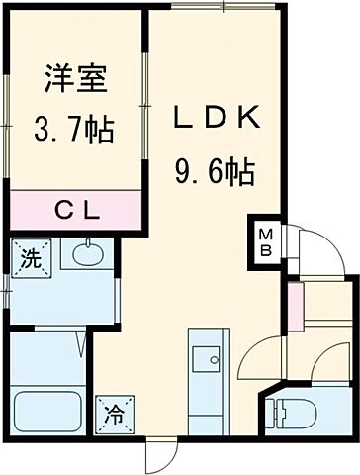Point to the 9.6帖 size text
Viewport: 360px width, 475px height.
point(217,174)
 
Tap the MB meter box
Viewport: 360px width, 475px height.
point(265,239)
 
